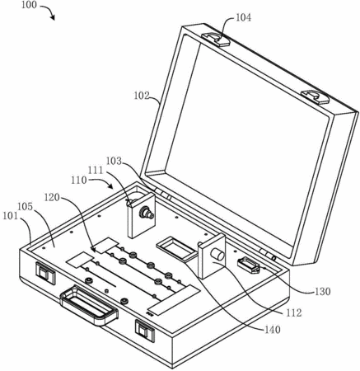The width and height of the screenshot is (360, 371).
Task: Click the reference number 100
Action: tap(29, 5)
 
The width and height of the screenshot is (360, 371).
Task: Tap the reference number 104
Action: tap(243, 17)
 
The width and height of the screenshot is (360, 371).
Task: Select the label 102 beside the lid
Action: tap(142, 96)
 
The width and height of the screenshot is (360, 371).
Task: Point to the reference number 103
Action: tap(114, 161)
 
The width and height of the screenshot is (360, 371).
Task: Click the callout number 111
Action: tap(96, 171)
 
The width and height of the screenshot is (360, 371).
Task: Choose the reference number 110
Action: tap(79, 181)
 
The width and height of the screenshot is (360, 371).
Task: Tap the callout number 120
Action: tap(52, 197)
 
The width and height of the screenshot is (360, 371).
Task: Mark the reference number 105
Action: tap(26, 207)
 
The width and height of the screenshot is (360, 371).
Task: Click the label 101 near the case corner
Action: tap(10, 216)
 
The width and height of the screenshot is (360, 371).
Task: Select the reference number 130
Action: tap(323, 291)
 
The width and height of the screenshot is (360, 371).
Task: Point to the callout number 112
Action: tap(294, 312)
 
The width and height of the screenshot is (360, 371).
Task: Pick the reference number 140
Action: tap(272, 330)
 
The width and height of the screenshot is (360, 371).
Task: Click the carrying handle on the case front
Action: tap(89, 305)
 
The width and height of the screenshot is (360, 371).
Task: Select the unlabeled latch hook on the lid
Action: tap(316, 97)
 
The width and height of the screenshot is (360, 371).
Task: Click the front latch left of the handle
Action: tap(45, 272)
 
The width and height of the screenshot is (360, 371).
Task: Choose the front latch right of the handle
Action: tap(145, 331)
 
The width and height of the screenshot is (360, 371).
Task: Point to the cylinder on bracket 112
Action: tap(217, 255)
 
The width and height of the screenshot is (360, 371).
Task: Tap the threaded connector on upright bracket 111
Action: tap(147, 213)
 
